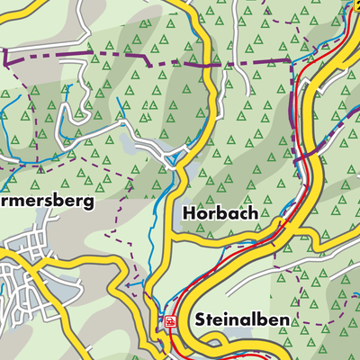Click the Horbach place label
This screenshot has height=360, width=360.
pos(220,214)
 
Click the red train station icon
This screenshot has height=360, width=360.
pos(168,319)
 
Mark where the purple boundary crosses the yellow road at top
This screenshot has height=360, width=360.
pos(209,65)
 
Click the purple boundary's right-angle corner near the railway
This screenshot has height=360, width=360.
pos(292,61)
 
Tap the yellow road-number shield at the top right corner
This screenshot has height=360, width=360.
pos(354,4)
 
